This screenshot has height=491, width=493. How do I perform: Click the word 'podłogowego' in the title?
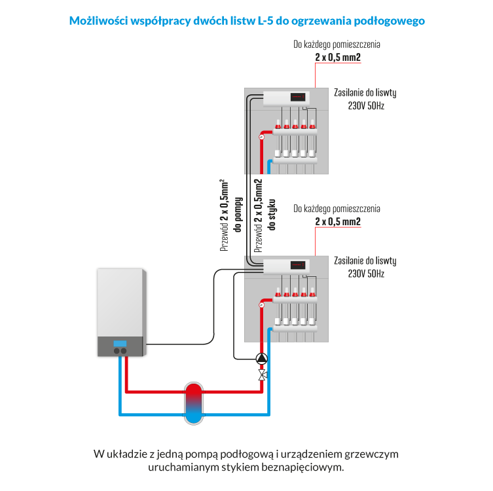click(x=391, y=21)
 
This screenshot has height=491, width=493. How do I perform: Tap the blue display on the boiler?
click(x=120, y=343)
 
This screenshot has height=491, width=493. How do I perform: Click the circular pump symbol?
click(x=262, y=358)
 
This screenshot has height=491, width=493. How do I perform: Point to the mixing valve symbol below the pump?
click(x=262, y=375)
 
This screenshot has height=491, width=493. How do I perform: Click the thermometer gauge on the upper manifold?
click(x=261, y=137)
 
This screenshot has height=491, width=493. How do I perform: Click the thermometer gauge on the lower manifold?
click(x=261, y=305)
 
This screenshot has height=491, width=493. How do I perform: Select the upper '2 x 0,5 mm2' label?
click(x=337, y=58)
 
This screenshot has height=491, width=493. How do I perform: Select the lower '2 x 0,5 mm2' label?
click(x=337, y=221)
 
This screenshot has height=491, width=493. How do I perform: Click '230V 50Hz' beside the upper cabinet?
click(x=365, y=105)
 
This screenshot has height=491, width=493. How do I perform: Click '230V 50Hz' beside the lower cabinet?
click(x=365, y=272)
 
